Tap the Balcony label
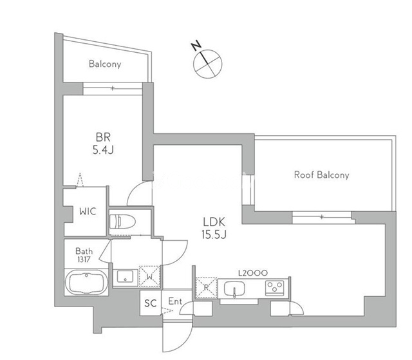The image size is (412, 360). [105, 64]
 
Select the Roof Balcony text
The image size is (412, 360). [321, 175]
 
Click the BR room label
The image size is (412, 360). [103, 137]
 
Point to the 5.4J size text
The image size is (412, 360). [103, 150]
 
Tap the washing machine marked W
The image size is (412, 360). [150, 276]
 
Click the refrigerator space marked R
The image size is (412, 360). [206, 287]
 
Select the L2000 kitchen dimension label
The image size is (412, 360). [252, 273]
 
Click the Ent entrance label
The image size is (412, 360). [174, 301]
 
